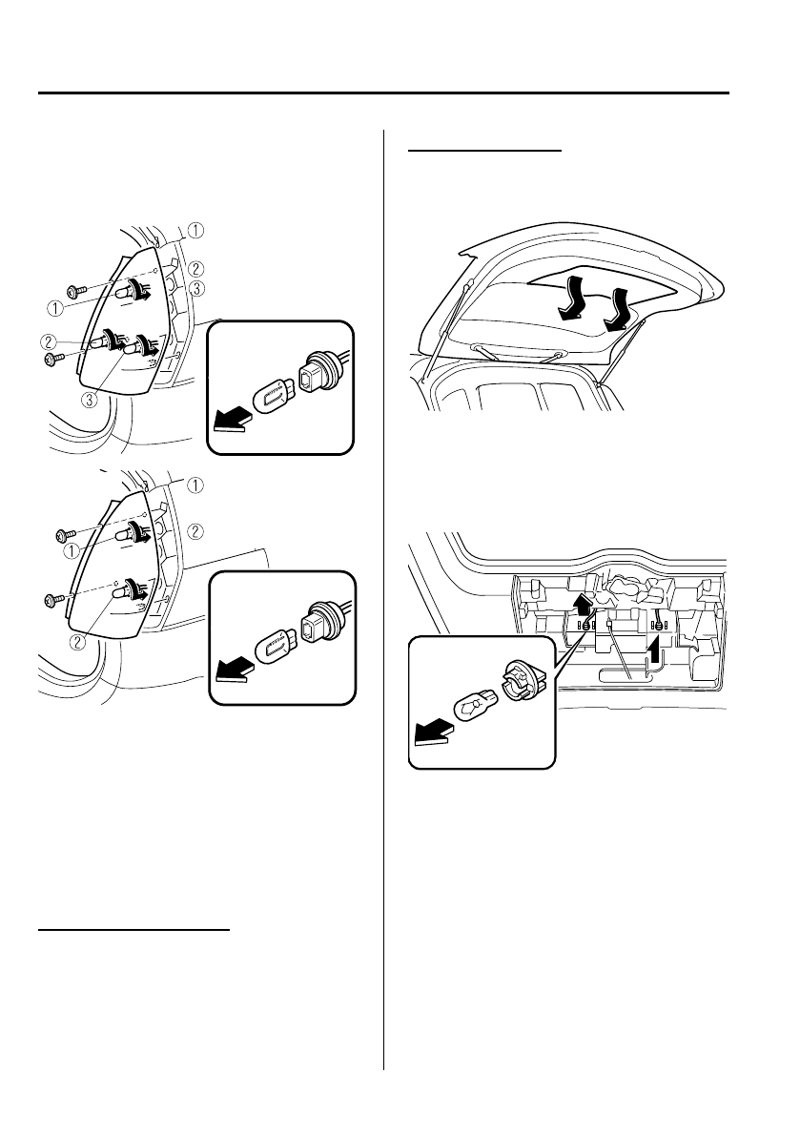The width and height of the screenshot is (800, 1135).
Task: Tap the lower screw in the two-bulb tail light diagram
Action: coord(53,600)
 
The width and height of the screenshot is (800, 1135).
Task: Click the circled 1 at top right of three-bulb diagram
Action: coord(195,229)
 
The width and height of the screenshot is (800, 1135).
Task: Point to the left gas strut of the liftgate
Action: coord(443,330)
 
